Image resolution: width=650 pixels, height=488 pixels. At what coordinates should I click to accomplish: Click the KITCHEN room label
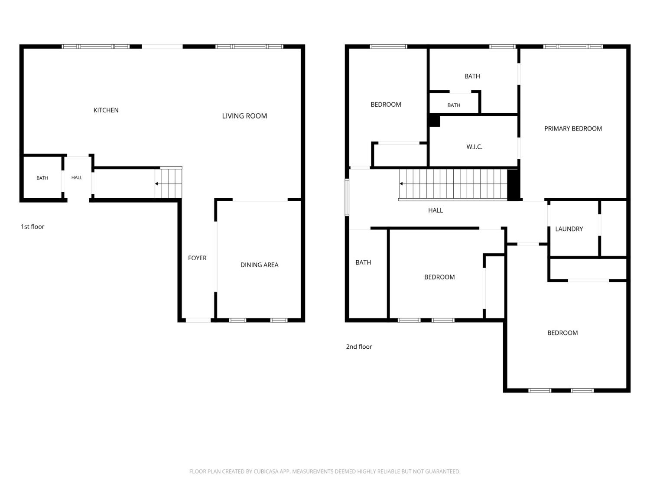(x=106, y=110)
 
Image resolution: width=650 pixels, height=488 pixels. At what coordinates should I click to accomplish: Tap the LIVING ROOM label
(x=244, y=116)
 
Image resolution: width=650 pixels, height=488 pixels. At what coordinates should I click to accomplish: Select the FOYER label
(x=197, y=258)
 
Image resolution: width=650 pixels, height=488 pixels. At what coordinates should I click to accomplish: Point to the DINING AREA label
(x=259, y=265)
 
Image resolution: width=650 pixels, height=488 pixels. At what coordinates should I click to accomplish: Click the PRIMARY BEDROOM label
(x=573, y=128)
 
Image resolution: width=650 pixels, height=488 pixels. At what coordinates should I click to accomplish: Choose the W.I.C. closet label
(x=474, y=147)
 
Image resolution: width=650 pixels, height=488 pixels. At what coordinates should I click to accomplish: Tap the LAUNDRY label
(x=569, y=229)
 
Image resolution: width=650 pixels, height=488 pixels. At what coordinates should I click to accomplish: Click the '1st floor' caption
(x=32, y=227)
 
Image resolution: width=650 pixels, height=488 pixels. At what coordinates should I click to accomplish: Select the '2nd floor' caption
(x=359, y=347)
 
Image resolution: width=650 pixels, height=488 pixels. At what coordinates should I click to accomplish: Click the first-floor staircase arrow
(x=156, y=183)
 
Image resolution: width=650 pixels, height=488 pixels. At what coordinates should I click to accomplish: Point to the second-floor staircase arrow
(x=401, y=183)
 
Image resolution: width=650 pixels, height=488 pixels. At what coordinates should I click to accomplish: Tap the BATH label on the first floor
(x=42, y=178)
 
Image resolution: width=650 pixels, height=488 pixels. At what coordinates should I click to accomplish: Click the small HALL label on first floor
(x=77, y=177)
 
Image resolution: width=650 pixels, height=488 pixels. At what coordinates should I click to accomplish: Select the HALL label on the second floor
(x=435, y=210)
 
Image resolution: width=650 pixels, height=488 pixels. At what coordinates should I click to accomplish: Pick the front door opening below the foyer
(x=198, y=320)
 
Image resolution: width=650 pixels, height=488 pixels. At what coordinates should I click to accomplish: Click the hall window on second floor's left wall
(x=347, y=197)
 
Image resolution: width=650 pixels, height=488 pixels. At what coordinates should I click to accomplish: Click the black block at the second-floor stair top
(x=513, y=185)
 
